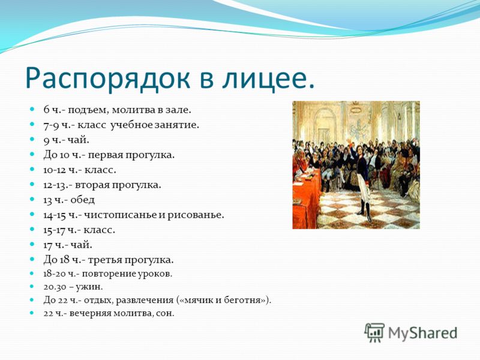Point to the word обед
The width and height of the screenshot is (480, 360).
pos(83,200)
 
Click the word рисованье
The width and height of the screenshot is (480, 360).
pos(196,215)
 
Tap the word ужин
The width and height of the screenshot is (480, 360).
pos(91,287)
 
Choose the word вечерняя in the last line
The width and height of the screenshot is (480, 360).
pos(91,314)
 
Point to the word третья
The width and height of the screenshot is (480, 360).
pos(104,260)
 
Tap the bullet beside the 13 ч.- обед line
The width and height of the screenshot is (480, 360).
pos(32,199)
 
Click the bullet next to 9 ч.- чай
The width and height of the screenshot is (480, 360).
pos(32,139)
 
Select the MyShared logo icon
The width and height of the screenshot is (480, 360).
pos(374,333)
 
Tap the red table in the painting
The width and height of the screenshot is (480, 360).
pos(306,199)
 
